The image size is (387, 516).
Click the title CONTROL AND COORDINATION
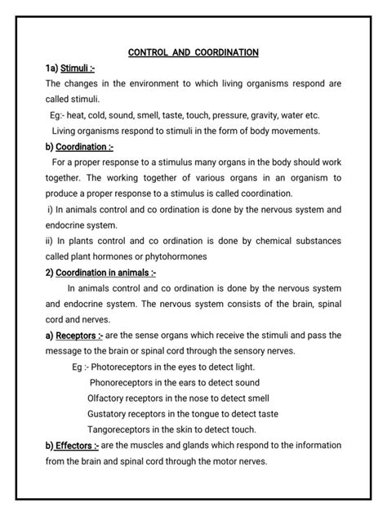(193, 53)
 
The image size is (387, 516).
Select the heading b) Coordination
(78, 147)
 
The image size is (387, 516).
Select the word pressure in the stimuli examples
(242, 116)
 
